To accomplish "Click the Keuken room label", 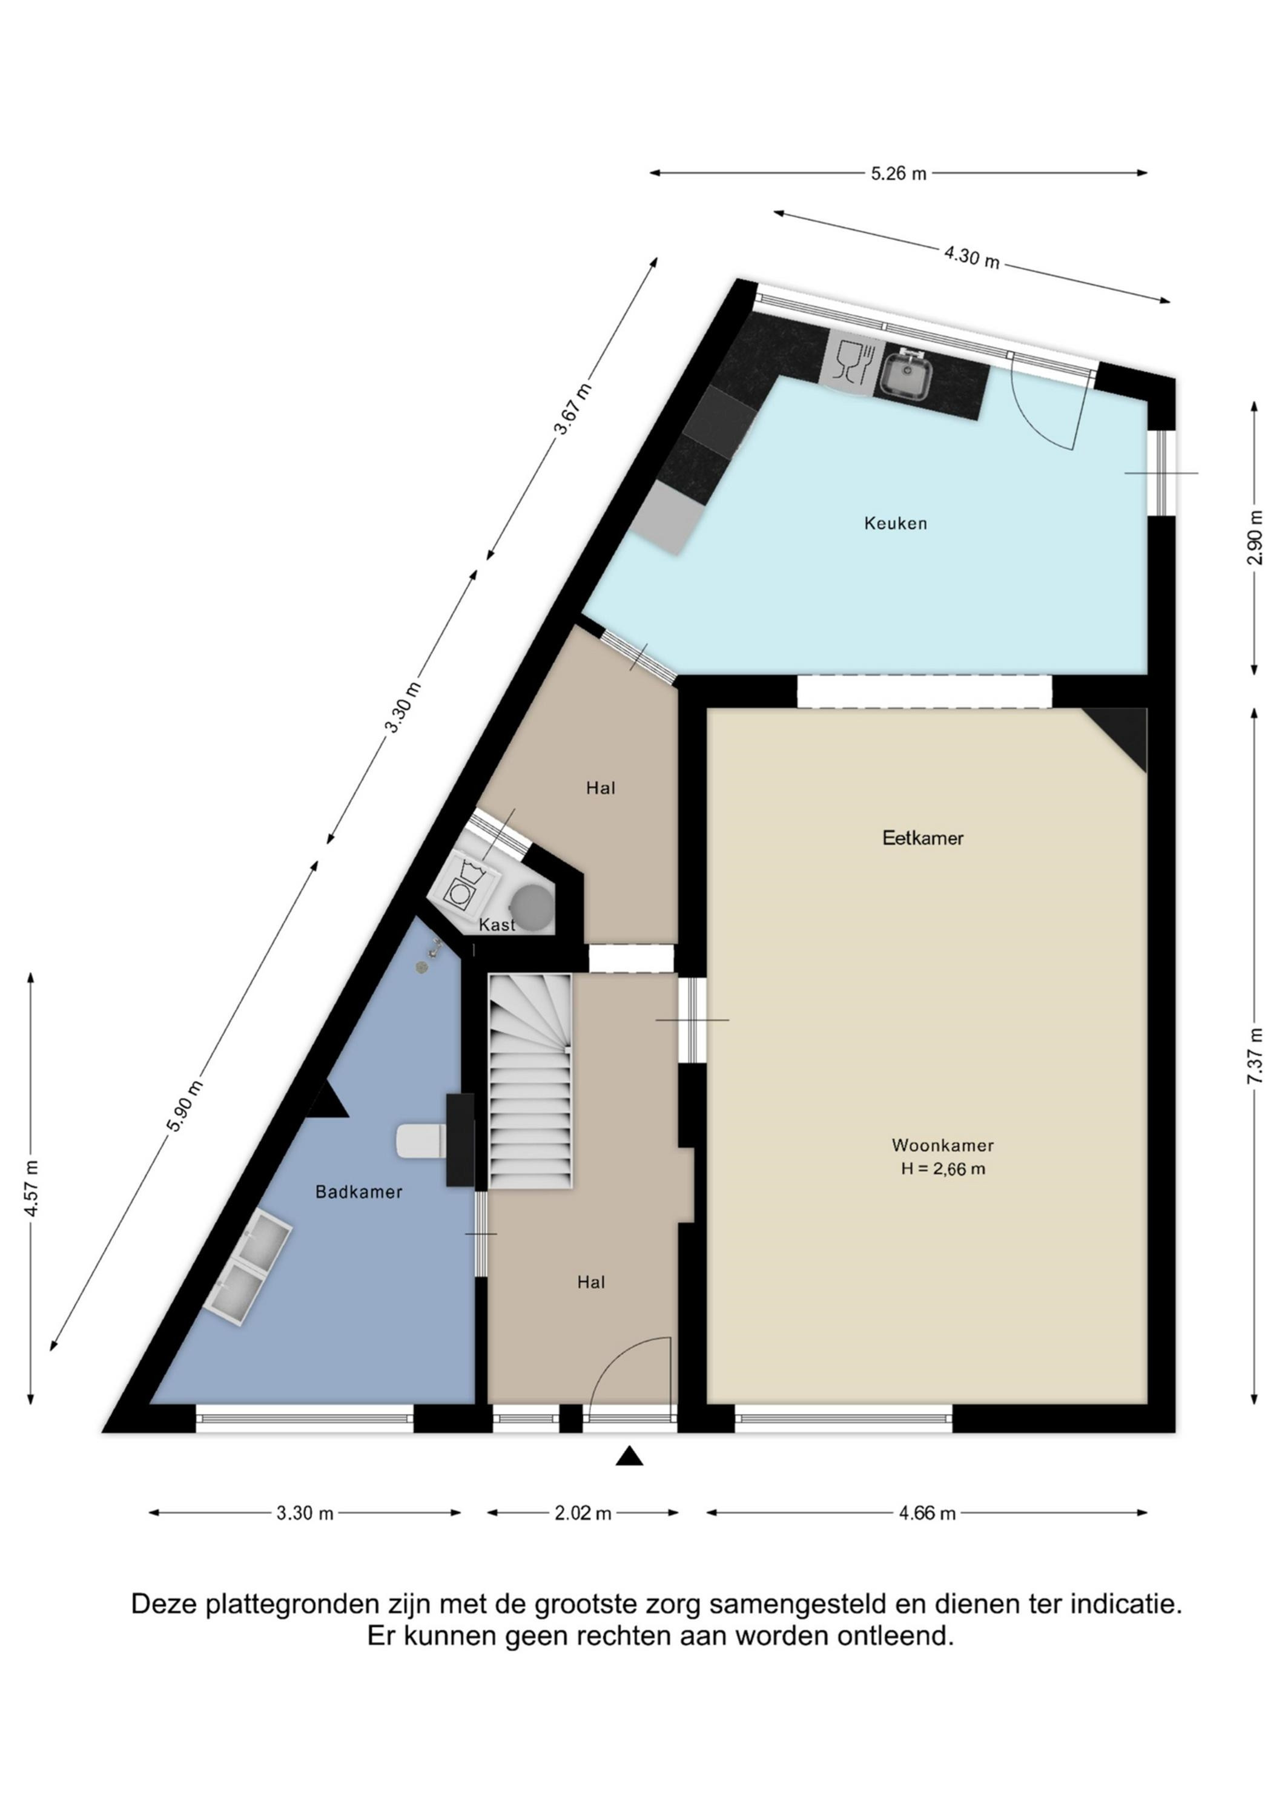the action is point(895,523).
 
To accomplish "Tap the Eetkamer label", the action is point(923,838).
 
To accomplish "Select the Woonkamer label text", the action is point(942,1145).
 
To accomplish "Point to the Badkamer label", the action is point(358,1191).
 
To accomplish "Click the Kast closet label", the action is point(497,924).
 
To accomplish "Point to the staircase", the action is point(530,1081).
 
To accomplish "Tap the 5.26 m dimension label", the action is point(898,173).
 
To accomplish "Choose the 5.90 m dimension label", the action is point(187,1105).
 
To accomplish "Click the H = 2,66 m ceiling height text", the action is point(943,1169).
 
